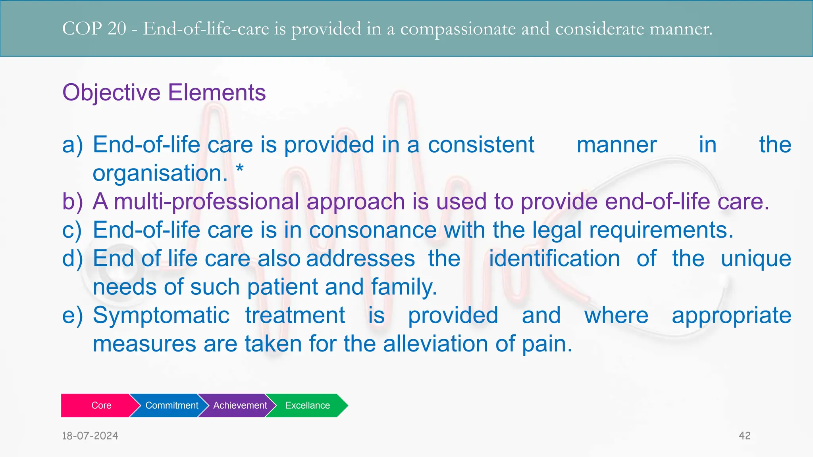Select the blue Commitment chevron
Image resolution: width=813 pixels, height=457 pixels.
coord(171,405)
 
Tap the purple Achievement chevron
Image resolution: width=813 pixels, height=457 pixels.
coord(240,405)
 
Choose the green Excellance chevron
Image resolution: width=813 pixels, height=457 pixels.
coord(308,405)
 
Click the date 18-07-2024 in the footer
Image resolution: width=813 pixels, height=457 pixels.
coord(90,436)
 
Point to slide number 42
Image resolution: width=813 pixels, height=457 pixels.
coord(744,436)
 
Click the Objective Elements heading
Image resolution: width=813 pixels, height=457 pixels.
coord(164,92)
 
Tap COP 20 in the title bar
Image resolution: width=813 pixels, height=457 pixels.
coord(94,29)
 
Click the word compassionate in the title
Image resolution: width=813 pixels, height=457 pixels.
coord(457,29)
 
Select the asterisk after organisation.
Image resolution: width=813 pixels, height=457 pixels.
coord(240,170)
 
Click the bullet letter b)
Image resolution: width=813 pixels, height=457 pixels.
coord(73,202)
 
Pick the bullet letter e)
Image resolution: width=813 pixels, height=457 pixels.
coord(73,315)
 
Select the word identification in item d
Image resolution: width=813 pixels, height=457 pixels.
coord(554,259)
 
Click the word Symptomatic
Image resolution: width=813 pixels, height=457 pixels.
coord(161,315)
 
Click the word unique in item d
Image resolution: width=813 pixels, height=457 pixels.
coord(756,259)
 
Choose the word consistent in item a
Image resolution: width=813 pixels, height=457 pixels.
coord(481,145)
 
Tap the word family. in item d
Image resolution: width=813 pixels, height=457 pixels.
coord(404,287)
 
